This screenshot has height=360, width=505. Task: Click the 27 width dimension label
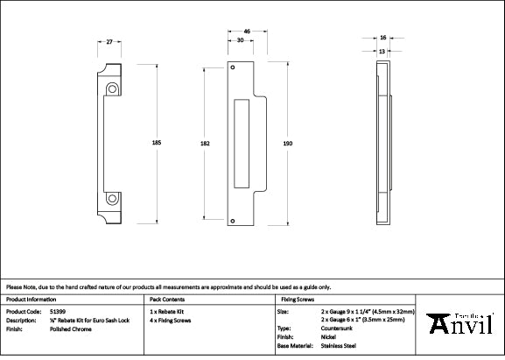109,40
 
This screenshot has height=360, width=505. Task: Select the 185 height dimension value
157,142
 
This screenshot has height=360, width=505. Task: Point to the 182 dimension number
205,142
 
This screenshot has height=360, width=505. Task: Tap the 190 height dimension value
287,142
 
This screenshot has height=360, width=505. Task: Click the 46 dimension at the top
248,32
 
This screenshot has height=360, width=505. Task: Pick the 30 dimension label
241,40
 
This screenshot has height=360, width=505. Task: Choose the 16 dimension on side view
383,39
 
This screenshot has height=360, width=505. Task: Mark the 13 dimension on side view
383,50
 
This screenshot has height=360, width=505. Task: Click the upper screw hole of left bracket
112,88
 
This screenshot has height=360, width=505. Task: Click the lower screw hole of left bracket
112,198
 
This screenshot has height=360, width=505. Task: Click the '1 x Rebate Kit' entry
166,311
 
